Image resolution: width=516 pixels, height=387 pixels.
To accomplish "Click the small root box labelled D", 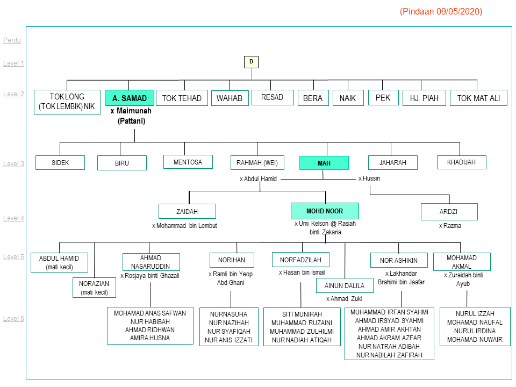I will [x=250, y=62].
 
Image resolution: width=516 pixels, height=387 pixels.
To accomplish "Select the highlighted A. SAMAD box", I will [x=130, y=98].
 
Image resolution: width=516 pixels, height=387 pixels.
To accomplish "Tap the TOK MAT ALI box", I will [x=478, y=98].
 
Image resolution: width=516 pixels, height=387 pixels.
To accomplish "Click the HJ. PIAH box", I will [x=424, y=98].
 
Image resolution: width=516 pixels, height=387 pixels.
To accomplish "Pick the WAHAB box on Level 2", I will [x=230, y=98].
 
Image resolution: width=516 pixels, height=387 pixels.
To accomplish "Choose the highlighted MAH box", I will [x=324, y=163].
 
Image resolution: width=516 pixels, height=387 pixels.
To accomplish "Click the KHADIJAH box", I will [x=461, y=162].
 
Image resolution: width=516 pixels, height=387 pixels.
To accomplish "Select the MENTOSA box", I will [x=188, y=162].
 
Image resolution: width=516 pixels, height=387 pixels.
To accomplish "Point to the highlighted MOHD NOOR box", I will [x=325, y=211].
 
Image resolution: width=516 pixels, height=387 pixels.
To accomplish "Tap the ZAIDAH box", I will [x=187, y=211].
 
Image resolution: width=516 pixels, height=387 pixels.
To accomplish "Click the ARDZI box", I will [x=449, y=212].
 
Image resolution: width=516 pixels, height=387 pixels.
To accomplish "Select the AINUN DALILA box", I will [x=344, y=285].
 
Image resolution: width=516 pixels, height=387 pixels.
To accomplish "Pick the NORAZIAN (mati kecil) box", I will [x=94, y=288].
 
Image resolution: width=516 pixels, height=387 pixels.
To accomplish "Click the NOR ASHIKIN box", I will [x=399, y=261].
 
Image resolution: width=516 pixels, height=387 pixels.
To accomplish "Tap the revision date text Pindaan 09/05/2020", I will [x=441, y=11].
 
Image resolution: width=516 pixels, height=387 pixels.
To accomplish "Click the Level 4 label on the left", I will [x=13, y=218].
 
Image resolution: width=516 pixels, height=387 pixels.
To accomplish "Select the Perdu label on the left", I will [x=12, y=40].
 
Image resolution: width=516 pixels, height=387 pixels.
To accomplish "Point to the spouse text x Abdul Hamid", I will [x=258, y=179].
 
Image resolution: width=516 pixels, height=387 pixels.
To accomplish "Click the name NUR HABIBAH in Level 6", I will [x=149, y=321].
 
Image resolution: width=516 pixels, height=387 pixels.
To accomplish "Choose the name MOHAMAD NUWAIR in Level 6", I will [x=475, y=340].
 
